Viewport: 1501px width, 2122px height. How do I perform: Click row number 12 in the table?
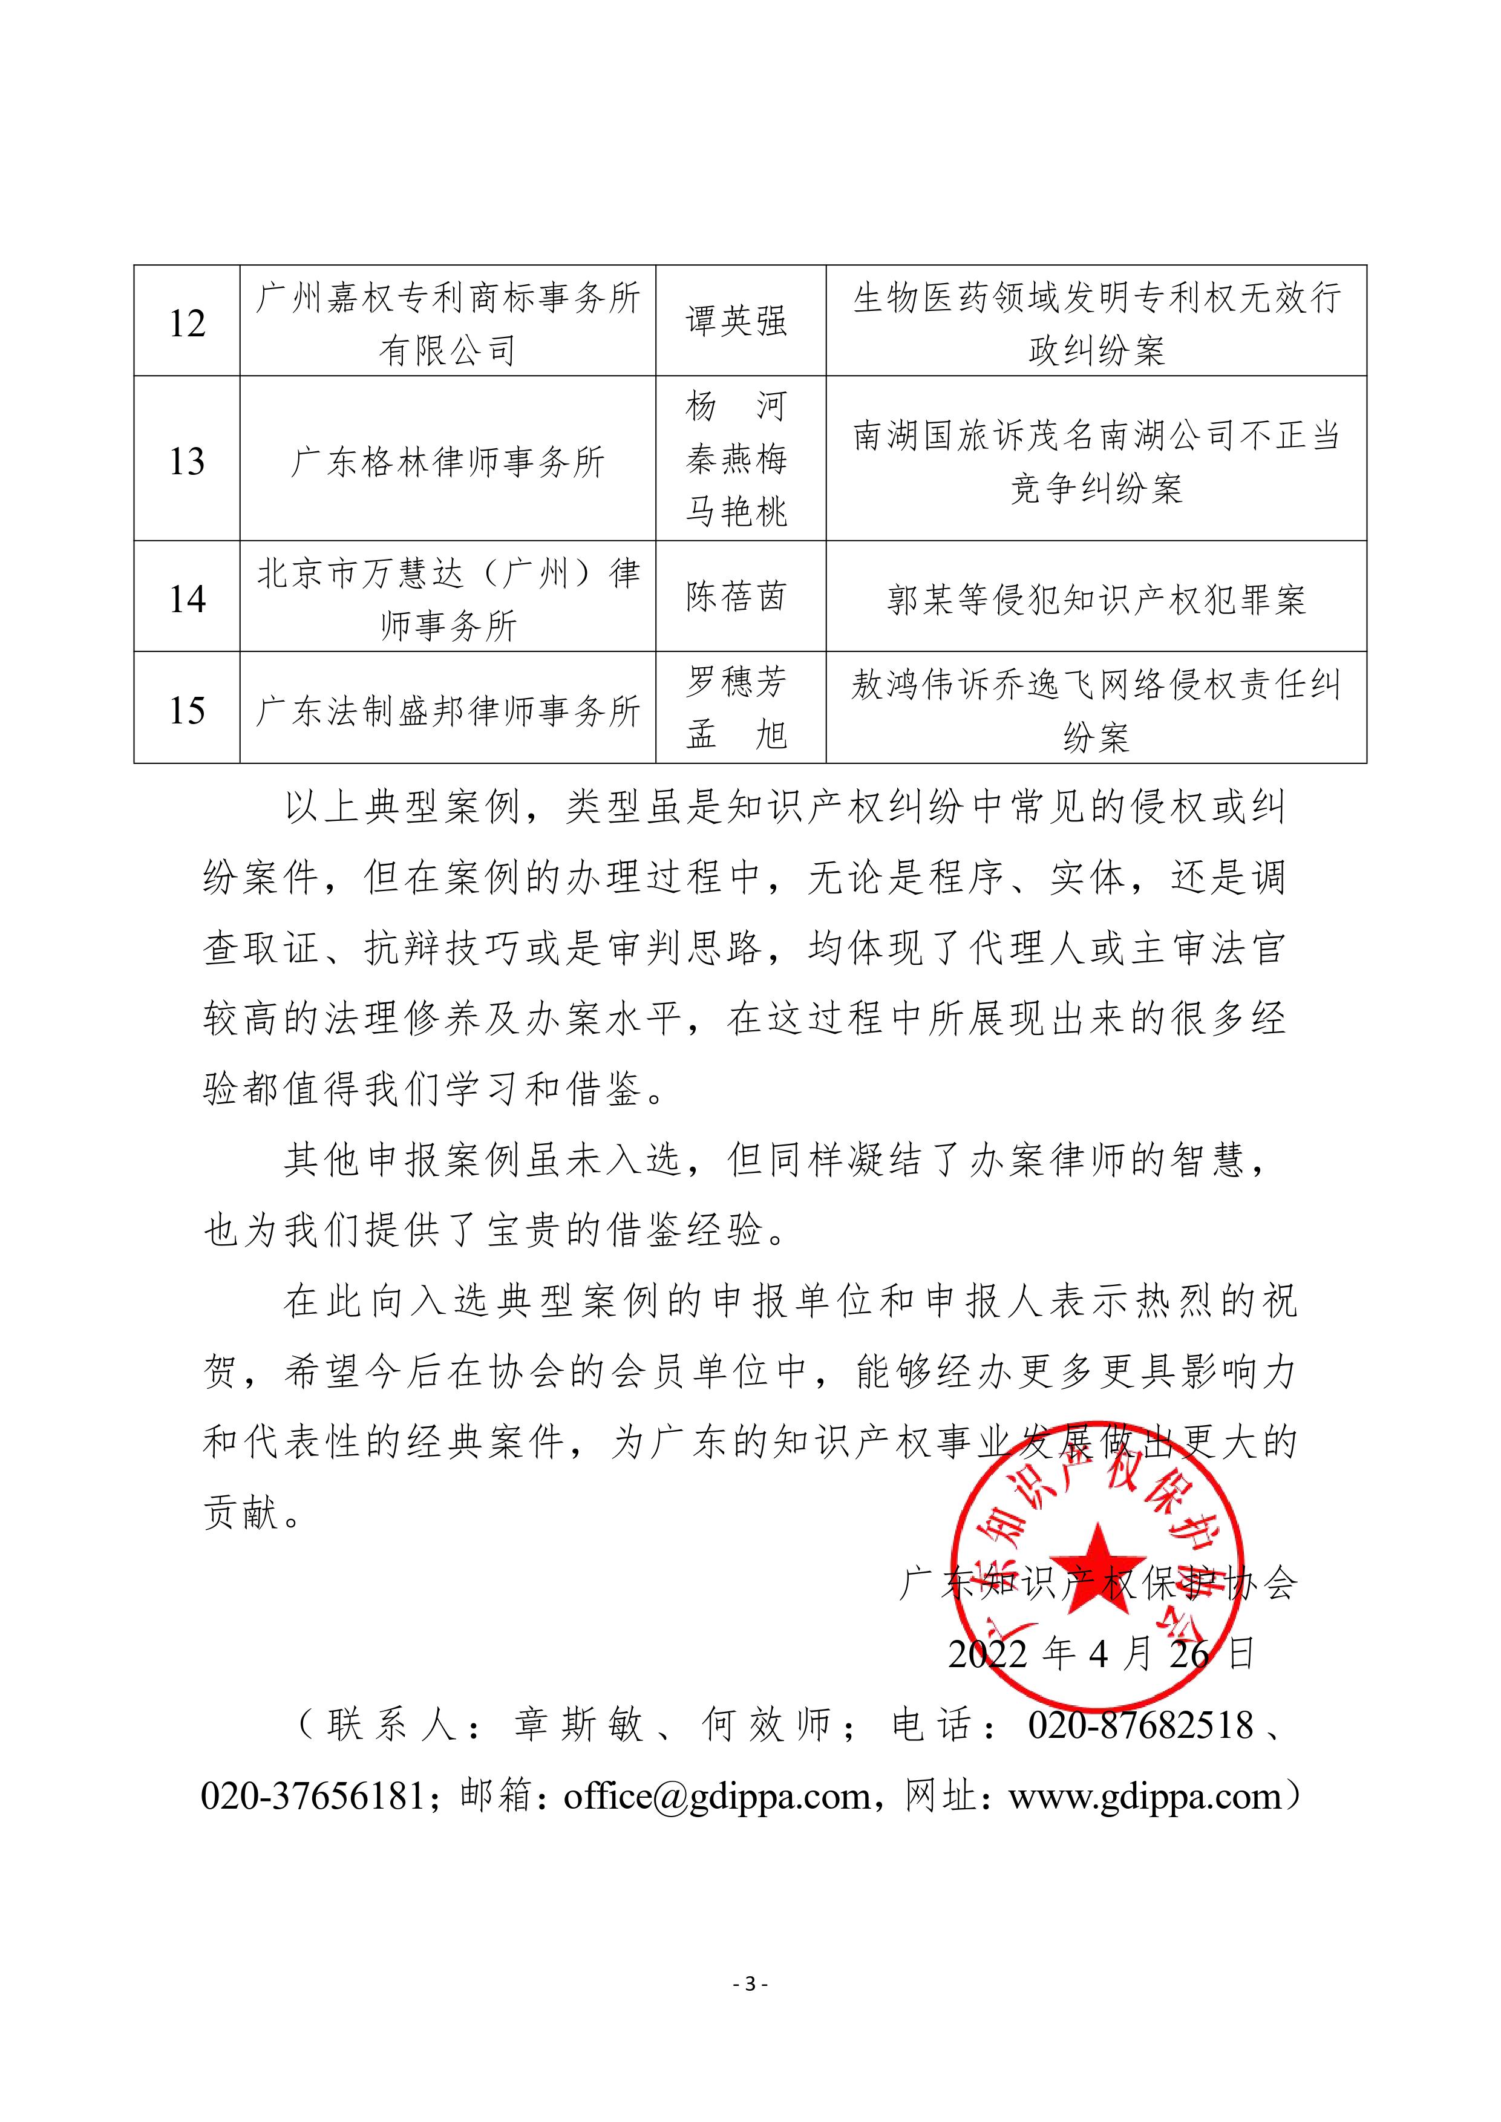187,322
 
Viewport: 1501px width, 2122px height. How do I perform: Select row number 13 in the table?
187,460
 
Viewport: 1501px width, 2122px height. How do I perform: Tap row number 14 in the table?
187,598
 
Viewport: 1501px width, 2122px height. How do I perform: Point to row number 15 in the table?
187,710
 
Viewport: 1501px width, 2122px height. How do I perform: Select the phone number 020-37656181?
312,1797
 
